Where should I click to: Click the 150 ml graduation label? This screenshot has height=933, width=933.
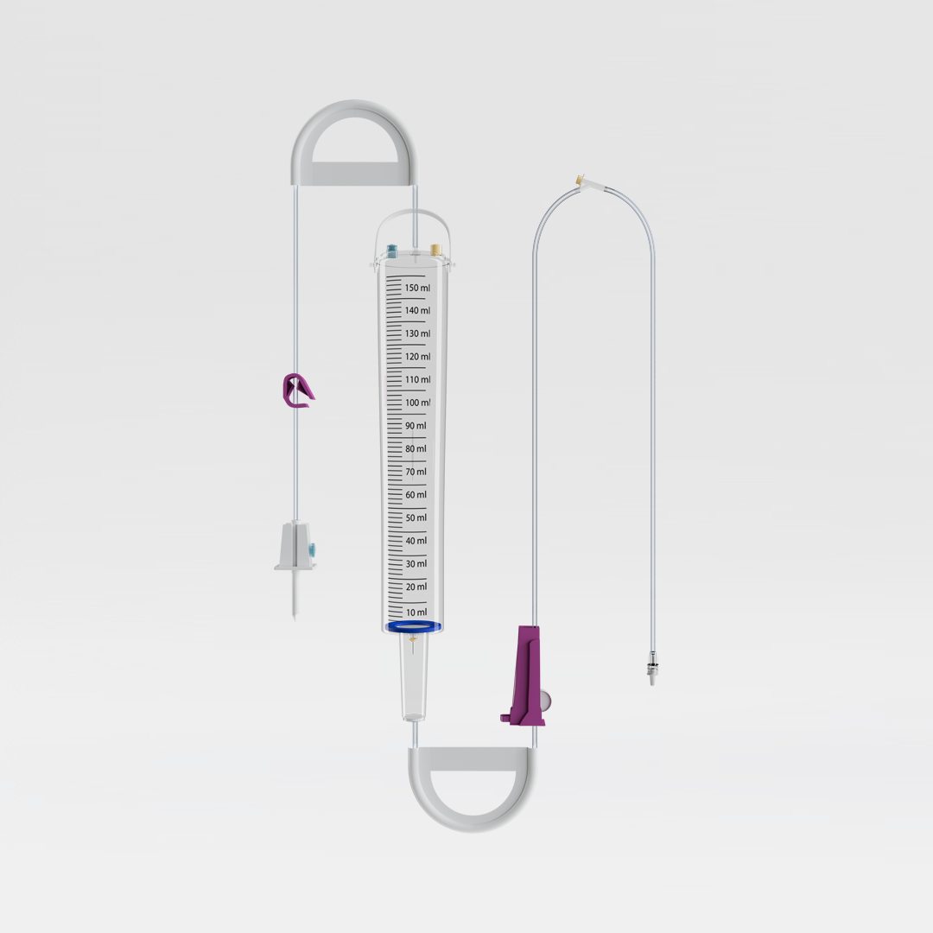coord(417,288)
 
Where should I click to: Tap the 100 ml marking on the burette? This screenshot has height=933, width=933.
coord(417,403)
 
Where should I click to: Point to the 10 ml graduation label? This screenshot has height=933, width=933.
coord(416,612)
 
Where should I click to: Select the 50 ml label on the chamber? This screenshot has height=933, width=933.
coord(416,518)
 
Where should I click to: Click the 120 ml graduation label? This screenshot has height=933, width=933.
coord(417,357)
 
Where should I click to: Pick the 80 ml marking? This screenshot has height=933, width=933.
coord(416,449)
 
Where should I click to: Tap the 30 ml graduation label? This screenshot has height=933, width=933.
coord(416,564)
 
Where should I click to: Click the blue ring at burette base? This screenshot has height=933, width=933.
coord(414,626)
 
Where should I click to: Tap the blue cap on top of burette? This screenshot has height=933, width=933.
coord(393,251)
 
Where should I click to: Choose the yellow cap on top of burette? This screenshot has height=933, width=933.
coord(436,251)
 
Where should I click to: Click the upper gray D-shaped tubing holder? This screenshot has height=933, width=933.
coord(353,143)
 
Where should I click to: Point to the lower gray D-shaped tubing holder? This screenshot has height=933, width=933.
coord(472,789)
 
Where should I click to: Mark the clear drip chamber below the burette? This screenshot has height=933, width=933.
coord(414,677)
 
